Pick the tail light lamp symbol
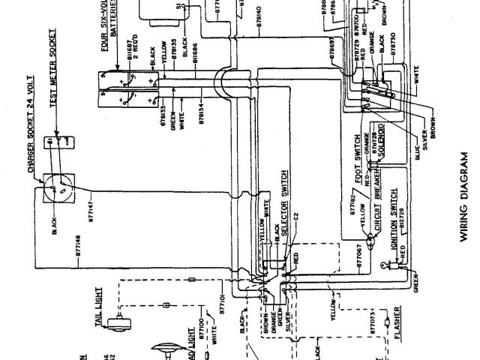pos(118,323)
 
